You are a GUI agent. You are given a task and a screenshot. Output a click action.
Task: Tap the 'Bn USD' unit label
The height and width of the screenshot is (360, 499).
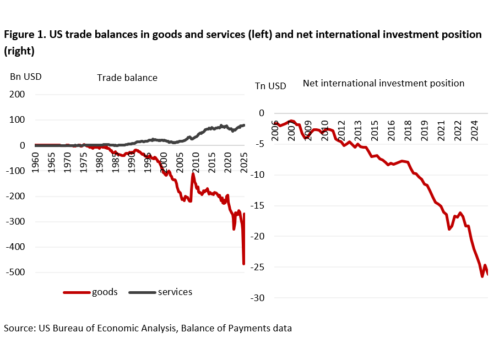click(x=25, y=77)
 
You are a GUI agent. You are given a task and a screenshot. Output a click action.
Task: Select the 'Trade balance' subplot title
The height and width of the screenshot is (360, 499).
click(x=127, y=78)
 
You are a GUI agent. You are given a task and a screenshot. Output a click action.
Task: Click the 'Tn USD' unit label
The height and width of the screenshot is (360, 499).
click(x=270, y=86)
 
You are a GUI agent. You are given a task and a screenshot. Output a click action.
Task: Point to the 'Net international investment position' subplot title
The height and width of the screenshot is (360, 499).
click(x=383, y=83)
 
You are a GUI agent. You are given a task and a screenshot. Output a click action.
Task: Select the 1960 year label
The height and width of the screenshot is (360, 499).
click(x=35, y=163)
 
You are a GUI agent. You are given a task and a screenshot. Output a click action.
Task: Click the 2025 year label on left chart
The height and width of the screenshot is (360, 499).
click(x=243, y=163)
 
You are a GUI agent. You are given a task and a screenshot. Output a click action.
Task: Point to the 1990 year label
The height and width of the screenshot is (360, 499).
click(x=131, y=163)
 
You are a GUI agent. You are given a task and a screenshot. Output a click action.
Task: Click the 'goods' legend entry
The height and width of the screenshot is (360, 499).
click(x=104, y=292)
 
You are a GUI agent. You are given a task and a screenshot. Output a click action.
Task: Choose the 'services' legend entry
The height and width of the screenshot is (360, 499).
click(x=175, y=292)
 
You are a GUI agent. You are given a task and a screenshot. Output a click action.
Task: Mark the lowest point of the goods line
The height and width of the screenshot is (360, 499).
click(x=243, y=264)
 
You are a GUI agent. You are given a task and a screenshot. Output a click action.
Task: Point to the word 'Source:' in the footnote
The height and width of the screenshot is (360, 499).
click(x=20, y=328)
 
